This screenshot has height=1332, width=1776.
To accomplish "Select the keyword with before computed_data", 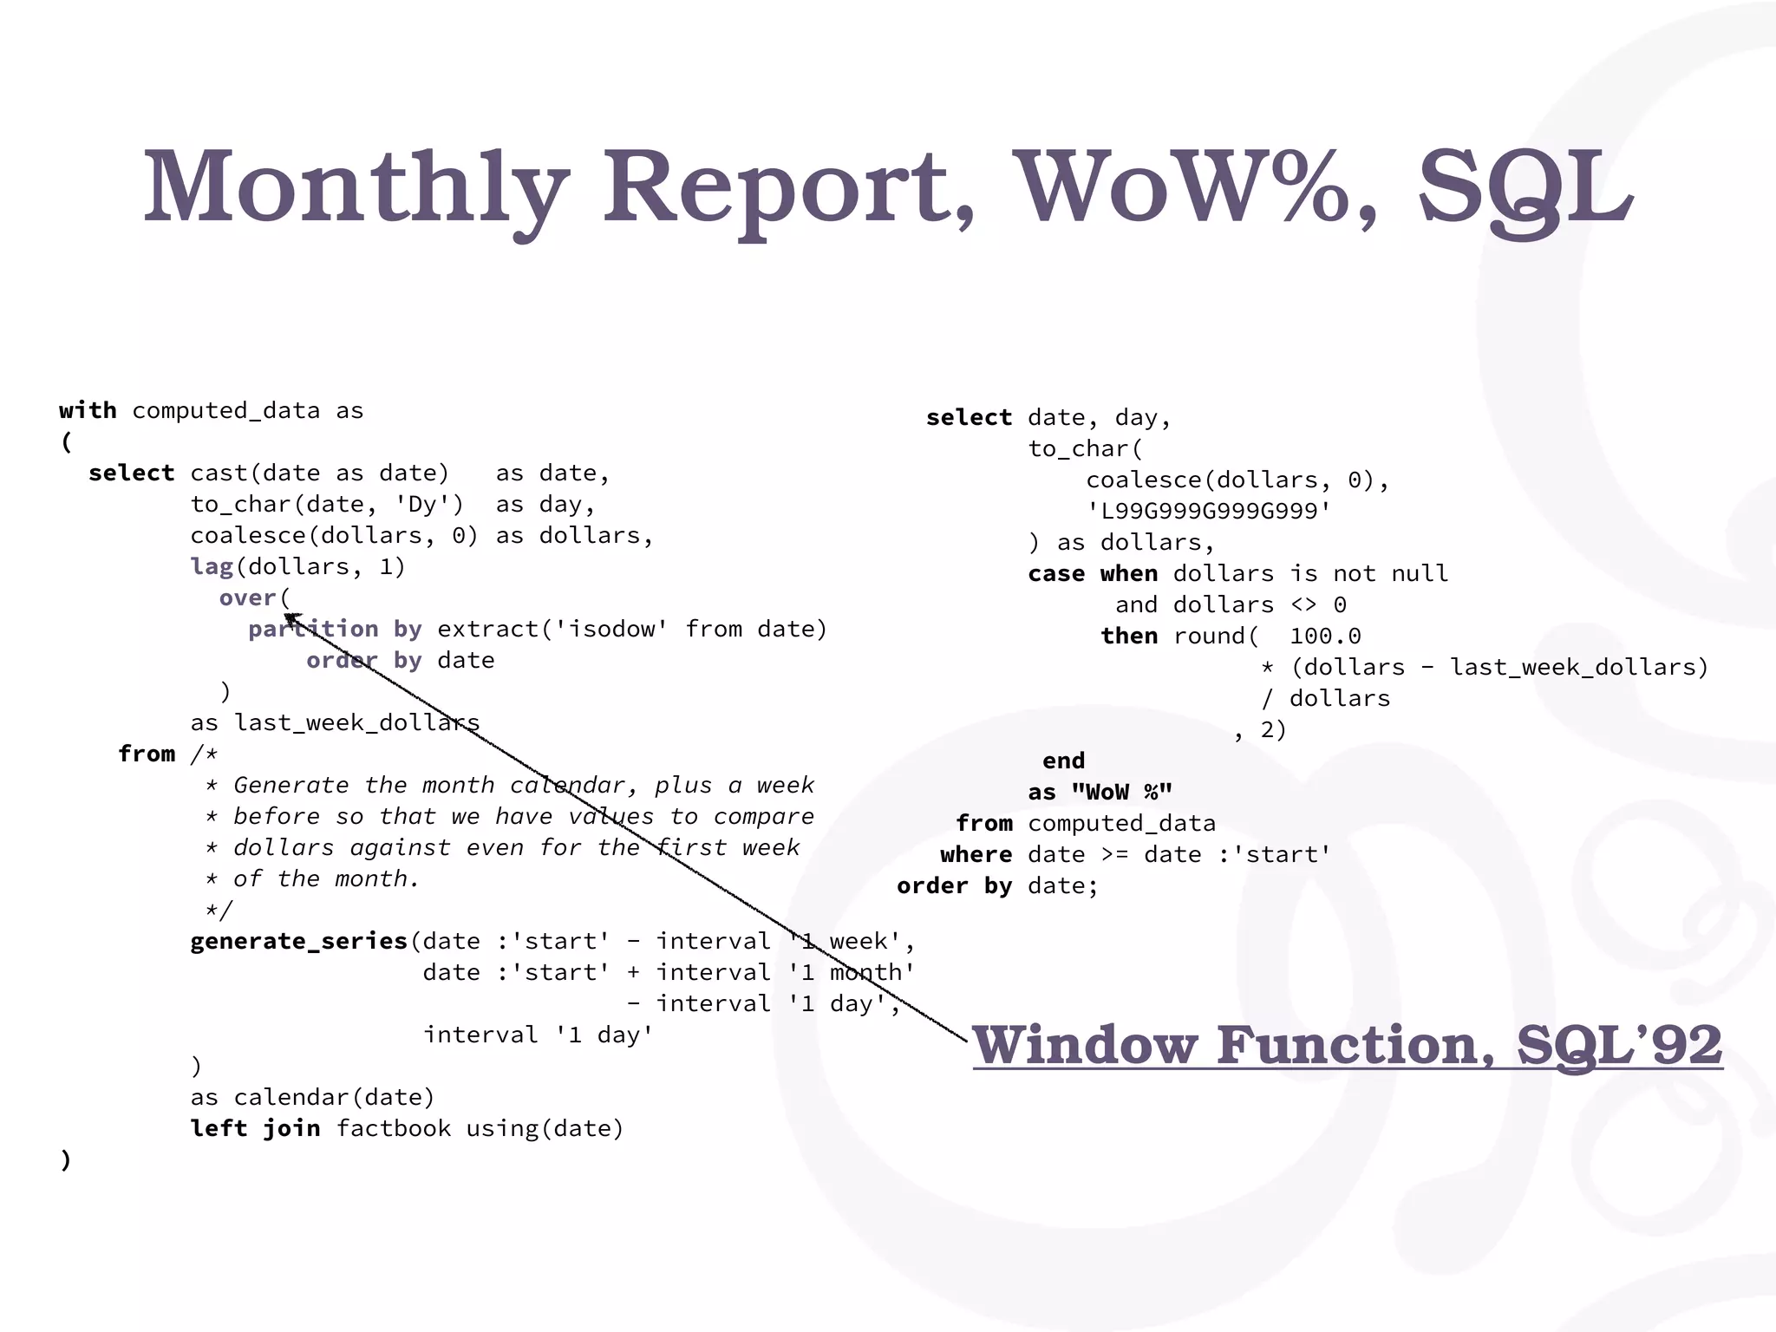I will click(x=88, y=410).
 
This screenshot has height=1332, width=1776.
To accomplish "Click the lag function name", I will click(x=212, y=566).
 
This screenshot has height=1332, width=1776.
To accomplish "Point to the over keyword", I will click(x=247, y=597).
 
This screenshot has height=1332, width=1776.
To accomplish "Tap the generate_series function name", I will click(x=298, y=941).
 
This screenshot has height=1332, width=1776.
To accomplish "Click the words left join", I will click(x=255, y=1128).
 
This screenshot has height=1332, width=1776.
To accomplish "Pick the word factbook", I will click(x=393, y=1128).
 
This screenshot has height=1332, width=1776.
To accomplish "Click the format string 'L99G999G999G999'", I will click(x=1209, y=511).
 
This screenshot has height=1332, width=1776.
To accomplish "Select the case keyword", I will click(x=1056, y=573).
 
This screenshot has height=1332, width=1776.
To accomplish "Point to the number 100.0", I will click(x=1325, y=636).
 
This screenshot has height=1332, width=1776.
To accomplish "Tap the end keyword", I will click(x=1063, y=761).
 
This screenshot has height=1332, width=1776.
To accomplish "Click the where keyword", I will click(x=976, y=854).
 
